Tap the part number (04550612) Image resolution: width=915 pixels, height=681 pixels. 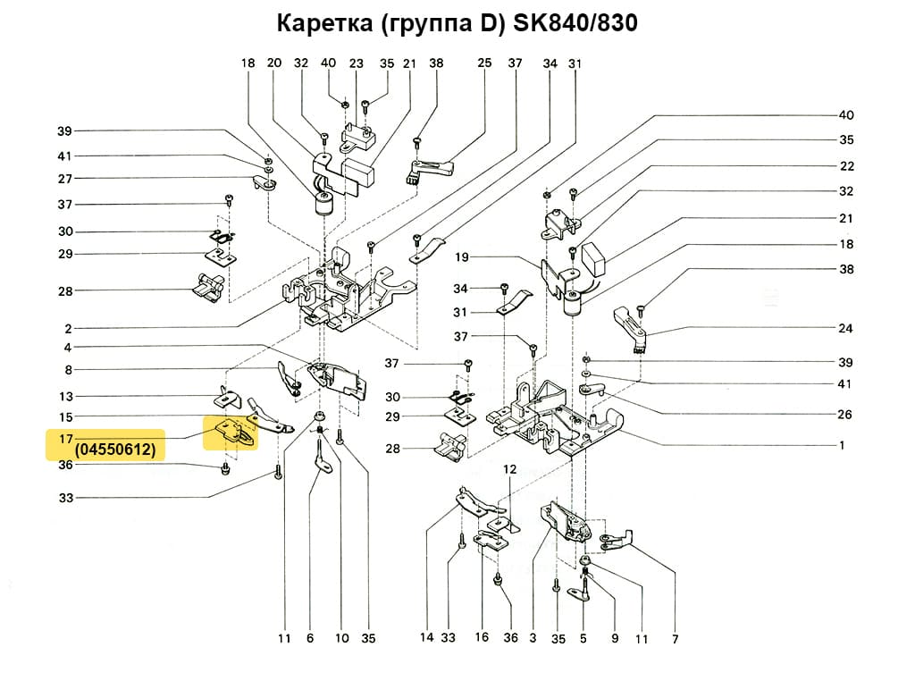[115, 450]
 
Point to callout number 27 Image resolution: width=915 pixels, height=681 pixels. [65, 179]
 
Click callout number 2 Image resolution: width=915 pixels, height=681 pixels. [68, 329]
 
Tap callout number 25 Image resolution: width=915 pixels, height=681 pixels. [484, 63]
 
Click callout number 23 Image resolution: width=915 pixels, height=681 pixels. [357, 63]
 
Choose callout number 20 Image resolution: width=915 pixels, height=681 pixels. [274, 63]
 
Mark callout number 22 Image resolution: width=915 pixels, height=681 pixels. [846, 166]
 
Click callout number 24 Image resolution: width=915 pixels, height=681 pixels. [846, 328]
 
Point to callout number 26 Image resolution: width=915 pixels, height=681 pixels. [846, 415]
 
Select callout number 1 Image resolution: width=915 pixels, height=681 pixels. [842, 445]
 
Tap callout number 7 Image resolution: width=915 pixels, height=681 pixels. [675, 639]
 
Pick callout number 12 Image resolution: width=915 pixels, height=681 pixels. [509, 469]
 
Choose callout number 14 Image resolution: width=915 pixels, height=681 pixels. [427, 638]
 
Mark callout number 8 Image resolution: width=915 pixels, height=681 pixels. [68, 370]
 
